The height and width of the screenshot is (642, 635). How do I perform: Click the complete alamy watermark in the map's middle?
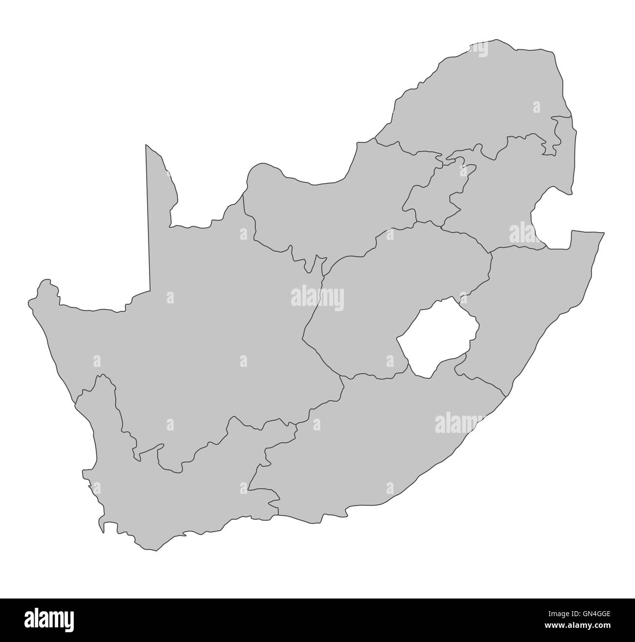coord(317,297)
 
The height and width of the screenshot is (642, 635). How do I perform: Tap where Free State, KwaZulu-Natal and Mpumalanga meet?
coord(490,253)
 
